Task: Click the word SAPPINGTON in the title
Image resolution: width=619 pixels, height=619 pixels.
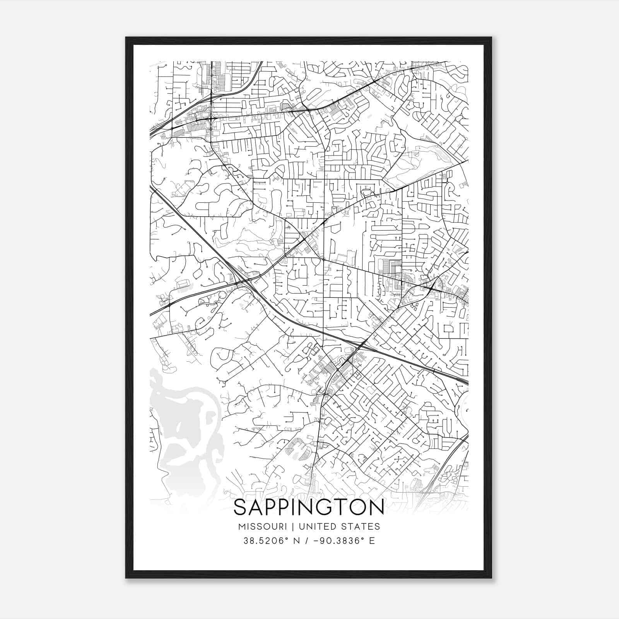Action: coord(309,507)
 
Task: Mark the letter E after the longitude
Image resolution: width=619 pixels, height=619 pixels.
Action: coord(372,541)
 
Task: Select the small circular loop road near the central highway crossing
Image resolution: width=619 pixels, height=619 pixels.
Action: coord(222,295)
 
